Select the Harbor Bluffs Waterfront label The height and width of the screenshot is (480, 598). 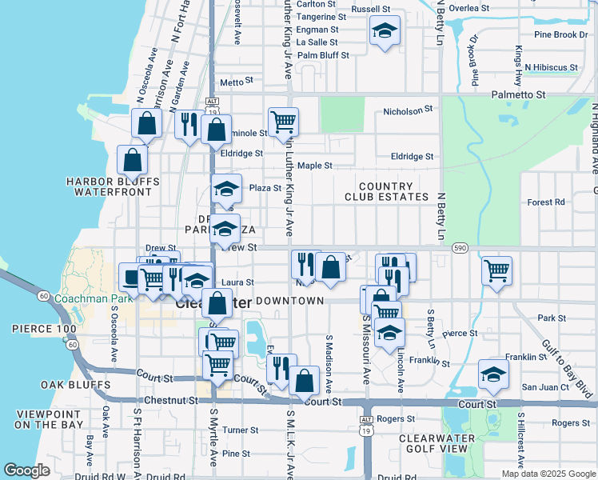click(114, 186)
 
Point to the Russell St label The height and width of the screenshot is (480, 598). click(370, 10)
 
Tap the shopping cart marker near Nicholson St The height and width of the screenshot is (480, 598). click(284, 122)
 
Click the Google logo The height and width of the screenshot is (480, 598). click(27, 470)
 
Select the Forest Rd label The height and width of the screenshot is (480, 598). click(546, 202)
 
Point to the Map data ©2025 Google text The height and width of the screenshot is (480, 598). click(548, 474)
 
